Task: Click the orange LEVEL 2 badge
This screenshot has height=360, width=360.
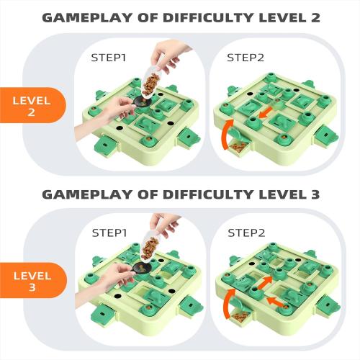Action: click(30, 105)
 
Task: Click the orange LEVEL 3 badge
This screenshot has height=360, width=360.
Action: click(30, 282)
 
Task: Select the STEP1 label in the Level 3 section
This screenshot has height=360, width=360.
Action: click(109, 233)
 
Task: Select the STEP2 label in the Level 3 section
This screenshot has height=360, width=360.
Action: click(246, 233)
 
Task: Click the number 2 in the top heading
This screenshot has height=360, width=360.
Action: click(314, 17)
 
